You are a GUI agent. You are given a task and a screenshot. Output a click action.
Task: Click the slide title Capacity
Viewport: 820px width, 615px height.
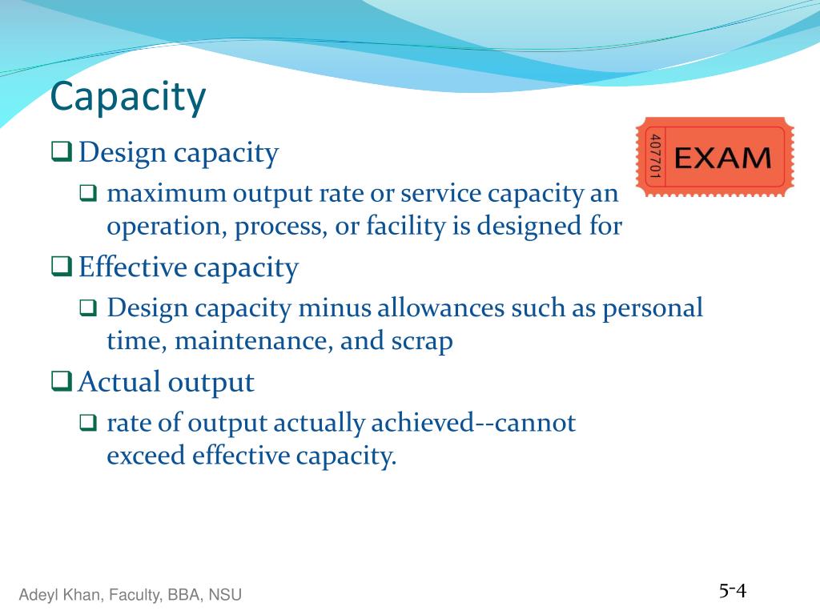128,98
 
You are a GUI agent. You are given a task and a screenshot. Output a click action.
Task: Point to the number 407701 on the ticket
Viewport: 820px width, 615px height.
654,157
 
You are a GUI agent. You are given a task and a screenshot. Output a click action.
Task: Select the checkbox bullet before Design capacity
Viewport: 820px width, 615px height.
62,151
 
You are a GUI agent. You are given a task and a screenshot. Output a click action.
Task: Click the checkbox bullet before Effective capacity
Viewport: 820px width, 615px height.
62,266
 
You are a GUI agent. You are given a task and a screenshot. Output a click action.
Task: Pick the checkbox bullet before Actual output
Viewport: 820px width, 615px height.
62,381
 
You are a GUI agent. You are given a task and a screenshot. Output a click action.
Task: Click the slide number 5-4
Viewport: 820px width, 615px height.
732,592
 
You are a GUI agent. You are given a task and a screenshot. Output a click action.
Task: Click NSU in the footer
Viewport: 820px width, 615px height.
225,595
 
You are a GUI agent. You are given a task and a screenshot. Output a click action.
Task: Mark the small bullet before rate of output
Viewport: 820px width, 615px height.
88,423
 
